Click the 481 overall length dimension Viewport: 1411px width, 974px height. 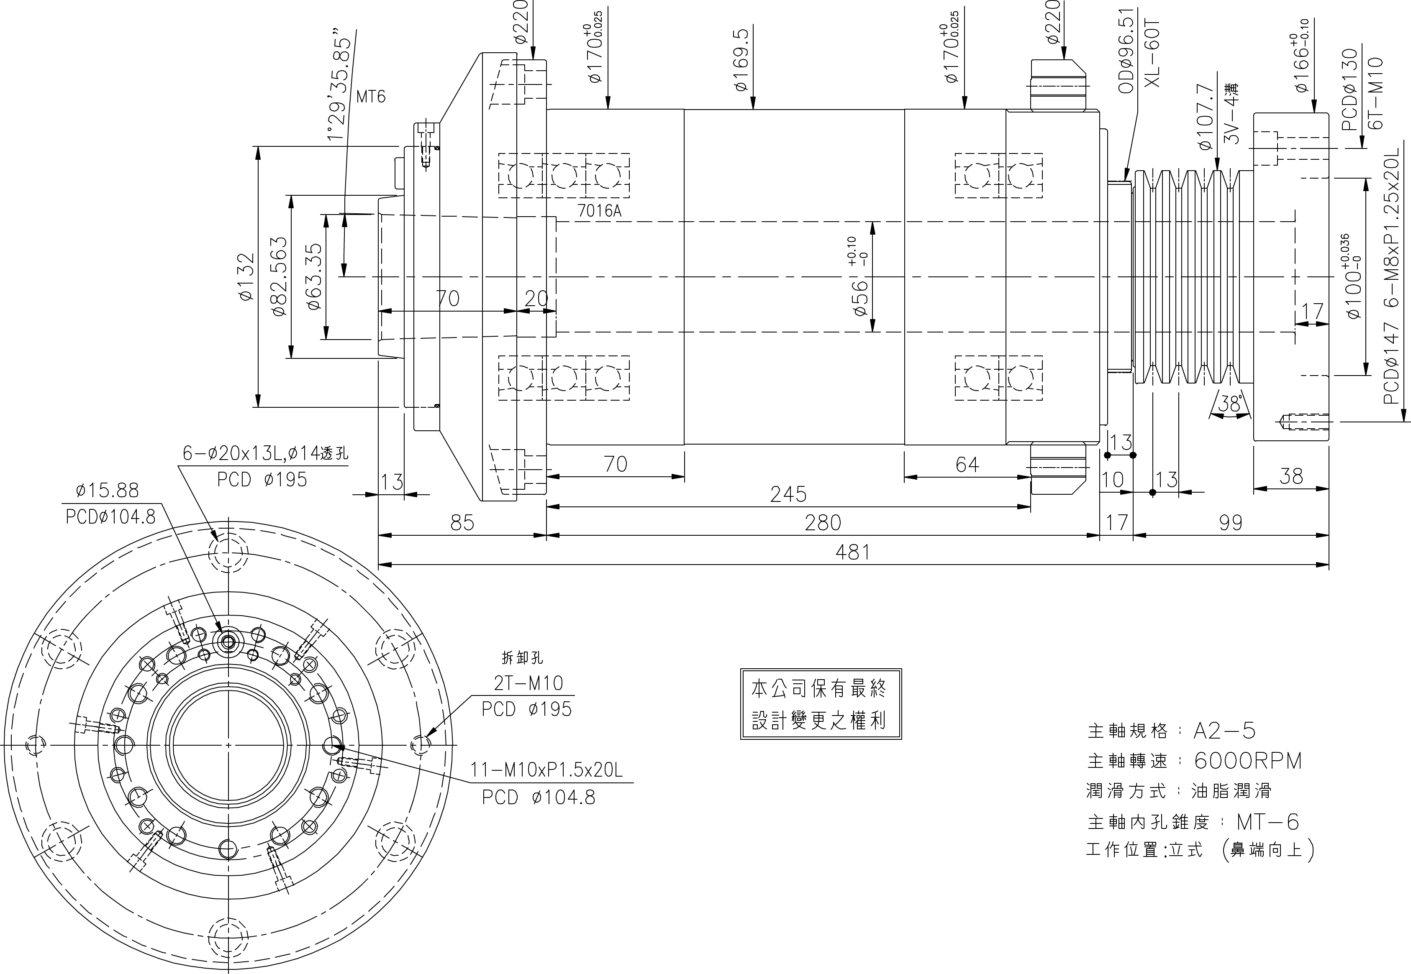(x=852, y=552)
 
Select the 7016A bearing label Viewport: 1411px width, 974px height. (x=599, y=211)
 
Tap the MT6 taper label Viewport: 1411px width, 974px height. (x=371, y=97)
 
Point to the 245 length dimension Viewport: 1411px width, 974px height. (x=788, y=494)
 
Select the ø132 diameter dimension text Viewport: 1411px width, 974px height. (x=246, y=276)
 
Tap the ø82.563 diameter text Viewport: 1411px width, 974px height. (x=280, y=276)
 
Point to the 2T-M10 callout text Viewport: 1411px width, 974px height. (x=528, y=683)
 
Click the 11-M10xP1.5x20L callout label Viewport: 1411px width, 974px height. (x=546, y=770)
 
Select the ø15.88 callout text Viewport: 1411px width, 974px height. (x=108, y=490)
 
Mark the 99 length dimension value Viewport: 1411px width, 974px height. (x=1230, y=523)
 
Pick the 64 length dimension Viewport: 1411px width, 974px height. (x=967, y=465)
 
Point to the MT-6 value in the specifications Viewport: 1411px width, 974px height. (x=1267, y=822)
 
